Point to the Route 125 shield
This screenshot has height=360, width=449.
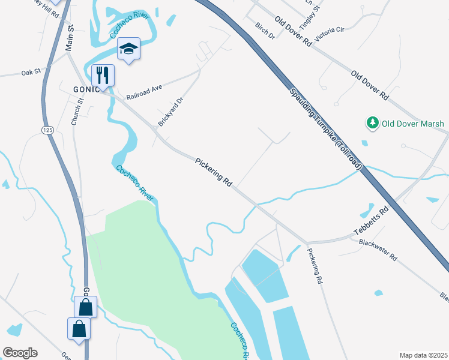point(47,130)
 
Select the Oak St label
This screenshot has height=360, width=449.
point(30,72)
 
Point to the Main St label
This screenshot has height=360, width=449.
point(70,37)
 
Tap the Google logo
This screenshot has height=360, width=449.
point(20,353)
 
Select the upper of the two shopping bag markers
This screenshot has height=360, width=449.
point(85,308)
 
